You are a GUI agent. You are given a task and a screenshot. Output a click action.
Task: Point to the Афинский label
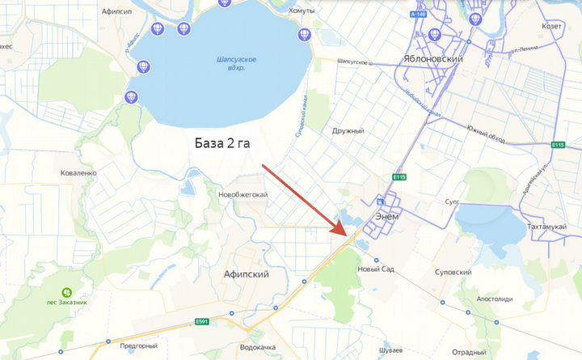coord(246,274)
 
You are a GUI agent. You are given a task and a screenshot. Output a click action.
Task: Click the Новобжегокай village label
coord(242,195)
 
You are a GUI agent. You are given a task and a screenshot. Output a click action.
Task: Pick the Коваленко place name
coord(78,172)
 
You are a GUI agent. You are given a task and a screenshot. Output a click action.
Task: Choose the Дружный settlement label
coord(348,130)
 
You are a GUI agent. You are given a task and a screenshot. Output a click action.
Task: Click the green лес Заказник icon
coord(67,291)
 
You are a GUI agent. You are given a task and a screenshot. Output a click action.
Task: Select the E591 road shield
coord(201,321)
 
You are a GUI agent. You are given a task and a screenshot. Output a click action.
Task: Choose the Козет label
coord(553,27)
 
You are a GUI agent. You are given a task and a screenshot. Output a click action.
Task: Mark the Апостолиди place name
coord(494,299)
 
